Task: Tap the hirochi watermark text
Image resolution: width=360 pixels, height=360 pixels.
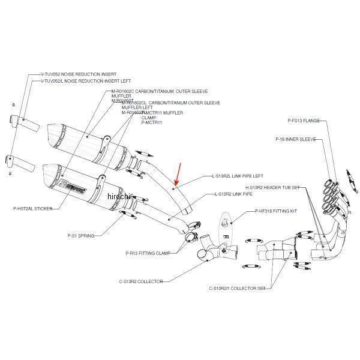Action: tap(120, 196)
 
